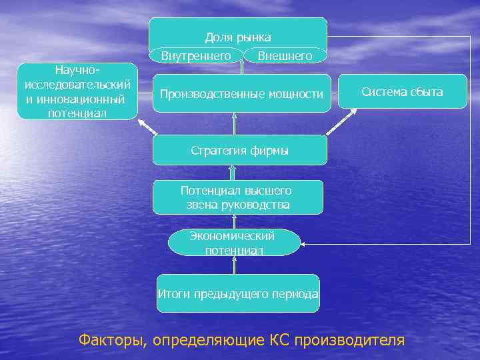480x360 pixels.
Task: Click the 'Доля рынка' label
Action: click(x=237, y=37)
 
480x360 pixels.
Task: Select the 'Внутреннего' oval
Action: click(x=196, y=56)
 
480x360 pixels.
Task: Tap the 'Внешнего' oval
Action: click(x=285, y=56)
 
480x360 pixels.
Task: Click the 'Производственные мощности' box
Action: click(x=241, y=94)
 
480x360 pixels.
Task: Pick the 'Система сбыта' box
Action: click(x=402, y=92)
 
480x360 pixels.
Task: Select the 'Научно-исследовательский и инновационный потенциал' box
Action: click(x=76, y=91)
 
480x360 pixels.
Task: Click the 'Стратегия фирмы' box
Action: click(x=239, y=151)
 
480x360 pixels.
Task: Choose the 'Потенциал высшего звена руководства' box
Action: click(x=237, y=197)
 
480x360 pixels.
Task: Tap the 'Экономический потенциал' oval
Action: click(x=234, y=243)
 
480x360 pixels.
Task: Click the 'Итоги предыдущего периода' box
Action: click(x=237, y=293)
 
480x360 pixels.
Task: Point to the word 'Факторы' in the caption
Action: click(x=109, y=340)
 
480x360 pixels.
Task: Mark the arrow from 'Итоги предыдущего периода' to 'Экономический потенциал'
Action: click(x=235, y=265)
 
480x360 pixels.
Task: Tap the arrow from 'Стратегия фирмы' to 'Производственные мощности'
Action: click(x=235, y=124)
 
